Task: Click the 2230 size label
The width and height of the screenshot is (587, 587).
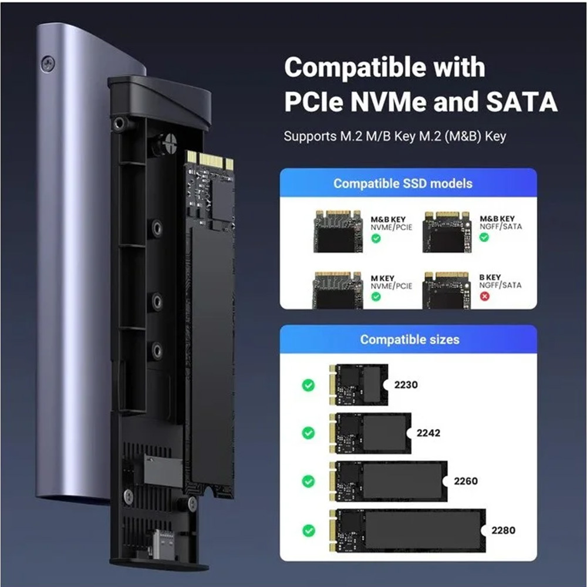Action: point(406,385)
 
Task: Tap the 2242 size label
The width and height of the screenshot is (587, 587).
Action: point(428,433)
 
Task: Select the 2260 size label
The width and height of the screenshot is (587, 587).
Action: point(465,481)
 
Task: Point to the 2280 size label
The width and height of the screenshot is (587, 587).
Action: point(503,530)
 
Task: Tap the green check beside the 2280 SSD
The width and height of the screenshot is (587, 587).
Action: point(308,530)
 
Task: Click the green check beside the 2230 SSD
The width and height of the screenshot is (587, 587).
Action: point(308,385)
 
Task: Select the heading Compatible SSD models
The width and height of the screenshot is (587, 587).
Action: point(403,183)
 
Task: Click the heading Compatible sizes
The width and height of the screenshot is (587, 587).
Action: point(410,339)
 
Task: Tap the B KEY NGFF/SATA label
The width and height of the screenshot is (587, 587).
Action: point(500,281)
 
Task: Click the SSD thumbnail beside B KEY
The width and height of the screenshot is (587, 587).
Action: point(447,290)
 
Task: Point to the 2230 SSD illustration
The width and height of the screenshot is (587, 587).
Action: point(359,385)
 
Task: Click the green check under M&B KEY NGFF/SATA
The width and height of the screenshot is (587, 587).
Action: point(484,237)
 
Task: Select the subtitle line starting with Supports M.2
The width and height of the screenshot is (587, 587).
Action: point(395,137)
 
